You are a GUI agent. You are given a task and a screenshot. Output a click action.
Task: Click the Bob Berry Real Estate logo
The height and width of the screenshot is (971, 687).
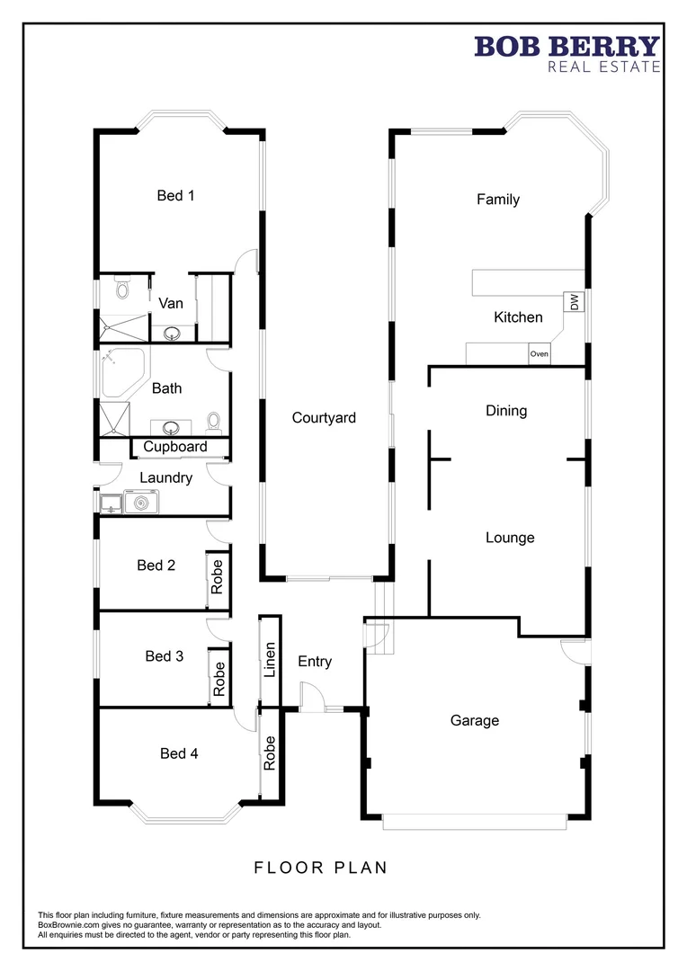coord(567,53)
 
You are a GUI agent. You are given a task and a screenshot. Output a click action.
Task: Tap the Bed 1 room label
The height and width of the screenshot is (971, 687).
coord(175,195)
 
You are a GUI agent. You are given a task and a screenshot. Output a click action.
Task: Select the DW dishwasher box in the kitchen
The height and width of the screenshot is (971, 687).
coord(571,302)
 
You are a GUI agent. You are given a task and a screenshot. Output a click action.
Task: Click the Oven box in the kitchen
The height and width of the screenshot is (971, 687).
coord(539,353)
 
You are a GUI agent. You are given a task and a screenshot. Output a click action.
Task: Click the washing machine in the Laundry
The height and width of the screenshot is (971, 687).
coord(140,503)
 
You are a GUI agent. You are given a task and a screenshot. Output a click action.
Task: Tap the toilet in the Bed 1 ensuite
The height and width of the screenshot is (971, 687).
coord(121,290)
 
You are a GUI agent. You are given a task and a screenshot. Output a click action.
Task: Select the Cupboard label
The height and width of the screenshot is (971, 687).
coord(175,447)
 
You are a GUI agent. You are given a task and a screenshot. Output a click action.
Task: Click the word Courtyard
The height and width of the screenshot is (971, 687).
coord(324,417)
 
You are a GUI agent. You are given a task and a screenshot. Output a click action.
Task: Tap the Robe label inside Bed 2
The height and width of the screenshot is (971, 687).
coord(217,576)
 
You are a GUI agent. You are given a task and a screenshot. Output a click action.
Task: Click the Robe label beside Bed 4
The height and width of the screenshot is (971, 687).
coord(270,753)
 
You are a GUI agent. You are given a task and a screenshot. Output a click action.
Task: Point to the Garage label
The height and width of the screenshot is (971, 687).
coord(474,720)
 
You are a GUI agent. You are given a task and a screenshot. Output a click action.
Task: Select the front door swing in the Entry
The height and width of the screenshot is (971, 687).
coord(310,698)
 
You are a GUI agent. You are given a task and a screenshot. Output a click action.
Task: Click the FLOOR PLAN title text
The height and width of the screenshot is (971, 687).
coord(320,868)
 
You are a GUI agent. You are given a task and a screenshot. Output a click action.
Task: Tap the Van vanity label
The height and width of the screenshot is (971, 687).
coord(171,303)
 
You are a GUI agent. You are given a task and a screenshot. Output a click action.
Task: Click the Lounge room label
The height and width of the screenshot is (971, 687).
coord(510,538)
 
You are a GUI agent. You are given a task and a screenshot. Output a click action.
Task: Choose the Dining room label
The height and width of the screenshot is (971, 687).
coord(506,411)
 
